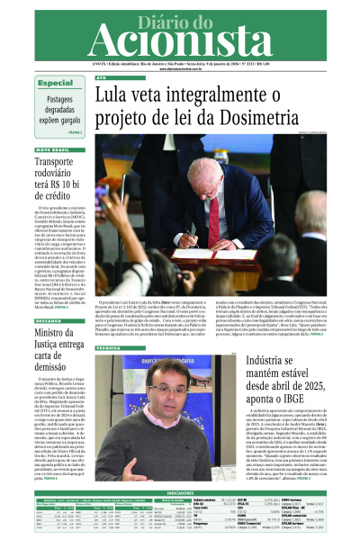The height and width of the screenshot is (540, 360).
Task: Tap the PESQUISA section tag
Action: point(109,346)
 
